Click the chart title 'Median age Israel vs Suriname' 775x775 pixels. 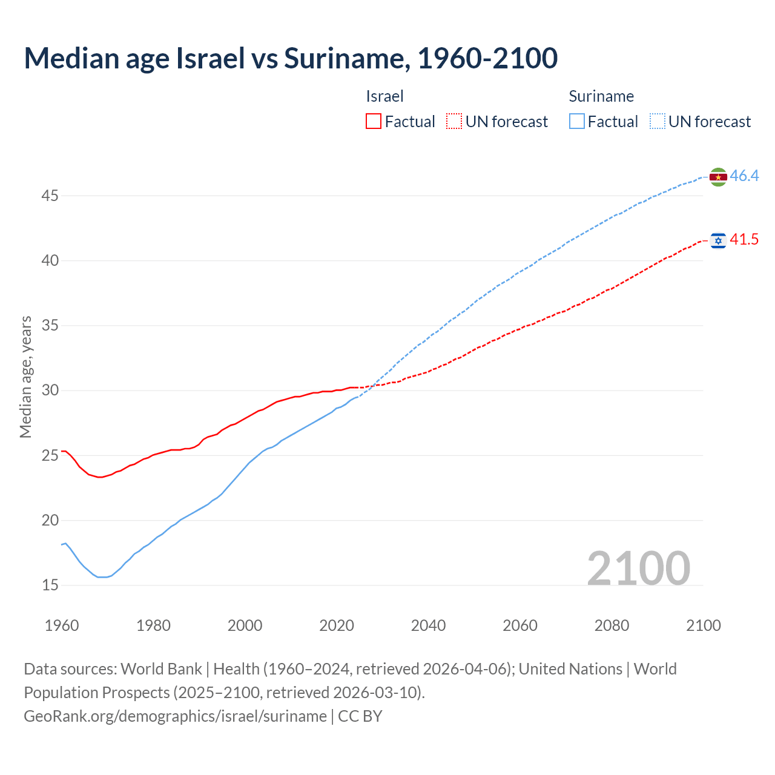tap(291, 58)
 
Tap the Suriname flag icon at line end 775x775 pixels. tap(718, 177)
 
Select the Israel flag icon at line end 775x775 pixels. tap(718, 241)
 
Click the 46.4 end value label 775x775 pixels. tap(744, 176)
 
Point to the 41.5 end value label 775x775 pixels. tap(744, 240)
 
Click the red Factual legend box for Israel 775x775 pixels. tap(374, 122)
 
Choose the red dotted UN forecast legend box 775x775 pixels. tap(454, 122)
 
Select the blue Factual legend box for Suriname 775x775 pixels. tap(577, 122)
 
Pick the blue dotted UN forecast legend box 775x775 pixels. tap(658, 122)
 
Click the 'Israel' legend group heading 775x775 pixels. tap(384, 96)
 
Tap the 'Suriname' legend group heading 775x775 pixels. tap(601, 96)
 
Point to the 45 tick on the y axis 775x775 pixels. tap(50, 196)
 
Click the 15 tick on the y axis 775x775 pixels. tap(50, 585)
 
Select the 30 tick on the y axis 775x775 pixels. tap(50, 391)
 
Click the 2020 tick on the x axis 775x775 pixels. tap(337, 625)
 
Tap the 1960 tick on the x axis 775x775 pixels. tap(62, 625)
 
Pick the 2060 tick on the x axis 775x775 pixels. tap(520, 625)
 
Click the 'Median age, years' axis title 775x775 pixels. tap(25, 377)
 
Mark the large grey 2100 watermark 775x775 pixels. tap(639, 568)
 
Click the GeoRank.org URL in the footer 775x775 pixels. tap(175, 716)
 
